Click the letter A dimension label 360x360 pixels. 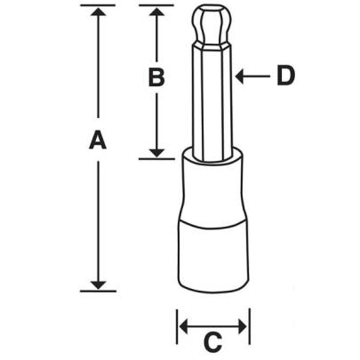coord(97,140)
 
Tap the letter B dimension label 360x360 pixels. coord(156,79)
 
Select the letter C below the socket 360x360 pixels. coord(213,340)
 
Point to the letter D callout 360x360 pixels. coord(284,76)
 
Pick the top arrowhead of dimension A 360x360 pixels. coord(98,12)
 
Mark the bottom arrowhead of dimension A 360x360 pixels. coord(98,282)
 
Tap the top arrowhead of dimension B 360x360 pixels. coord(156,12)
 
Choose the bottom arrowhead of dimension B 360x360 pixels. coord(156,150)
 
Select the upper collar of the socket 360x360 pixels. coord(212,182)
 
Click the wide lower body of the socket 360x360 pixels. coord(213,258)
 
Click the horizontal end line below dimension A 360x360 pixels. coord(98,290)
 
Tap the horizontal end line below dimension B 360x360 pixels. coord(156,158)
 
